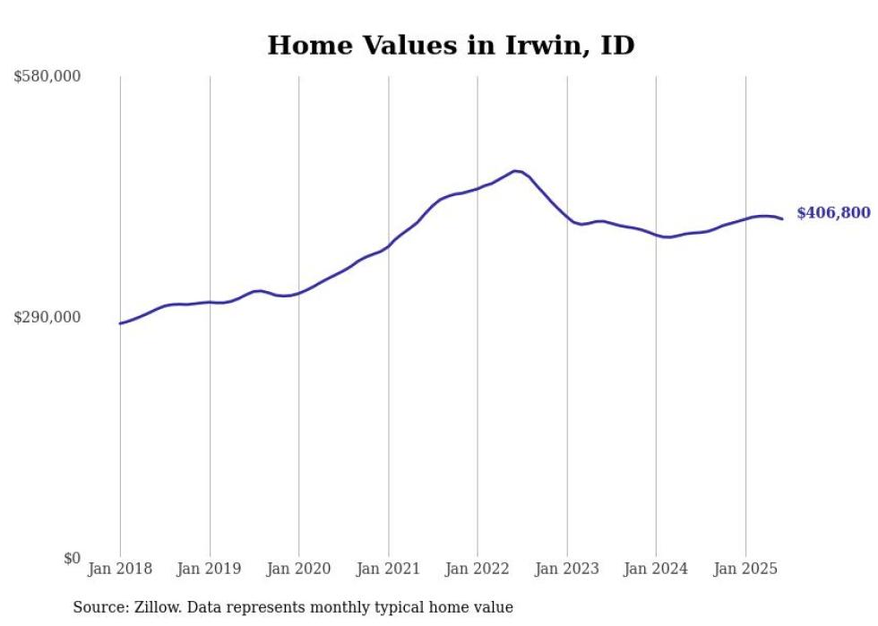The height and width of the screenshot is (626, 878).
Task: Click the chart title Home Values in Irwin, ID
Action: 451,46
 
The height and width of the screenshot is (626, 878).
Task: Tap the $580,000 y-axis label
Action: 47,77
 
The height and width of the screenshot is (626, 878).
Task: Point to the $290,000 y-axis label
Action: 47,318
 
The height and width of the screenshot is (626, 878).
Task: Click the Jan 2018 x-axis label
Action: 120,569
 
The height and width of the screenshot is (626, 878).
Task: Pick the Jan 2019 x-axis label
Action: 209,569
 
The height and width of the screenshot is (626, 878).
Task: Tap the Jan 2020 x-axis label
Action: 298,569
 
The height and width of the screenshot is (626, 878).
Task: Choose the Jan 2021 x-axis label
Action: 388,569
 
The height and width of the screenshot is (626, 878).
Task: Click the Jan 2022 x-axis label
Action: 477,569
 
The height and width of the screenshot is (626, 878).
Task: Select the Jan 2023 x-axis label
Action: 566,569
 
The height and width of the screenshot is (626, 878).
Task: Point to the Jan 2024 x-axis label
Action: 656,569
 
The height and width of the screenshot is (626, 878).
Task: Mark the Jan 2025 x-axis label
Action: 745,569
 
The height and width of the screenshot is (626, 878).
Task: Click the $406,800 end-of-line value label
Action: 833,213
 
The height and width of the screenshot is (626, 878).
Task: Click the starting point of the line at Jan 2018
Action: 120,323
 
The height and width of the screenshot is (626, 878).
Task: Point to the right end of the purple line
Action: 782,219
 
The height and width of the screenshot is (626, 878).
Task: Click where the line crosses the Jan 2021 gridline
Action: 388,245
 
